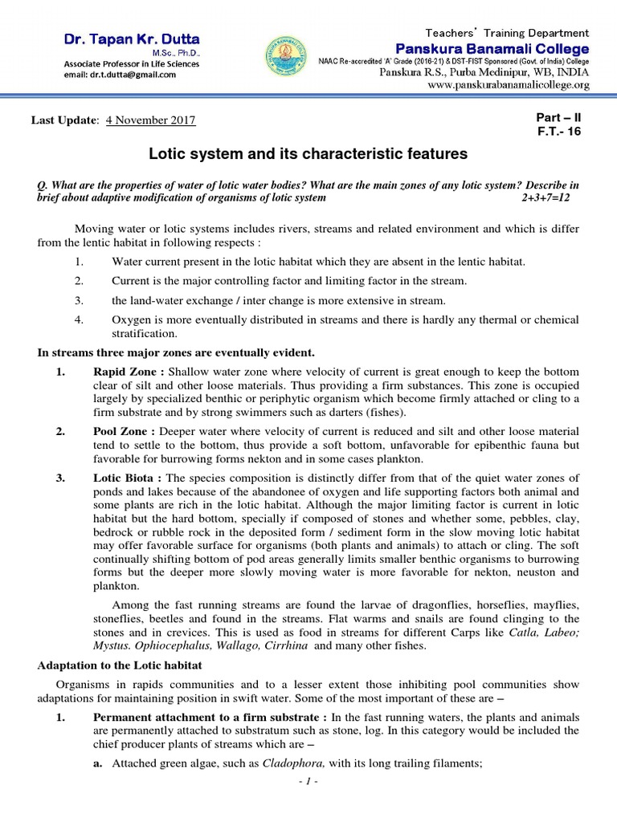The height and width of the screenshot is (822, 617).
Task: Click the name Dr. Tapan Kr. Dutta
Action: tap(133, 40)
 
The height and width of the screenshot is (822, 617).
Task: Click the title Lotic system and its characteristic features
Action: tap(308, 153)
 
